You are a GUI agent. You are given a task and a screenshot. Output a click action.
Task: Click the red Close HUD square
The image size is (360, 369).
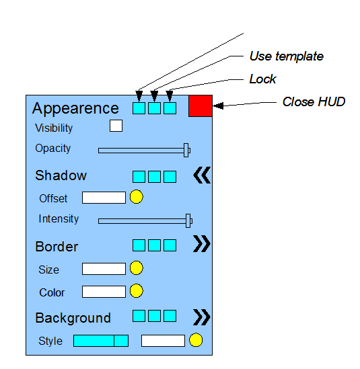pos(201,106)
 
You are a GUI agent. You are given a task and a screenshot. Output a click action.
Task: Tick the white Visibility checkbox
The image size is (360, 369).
pos(116,126)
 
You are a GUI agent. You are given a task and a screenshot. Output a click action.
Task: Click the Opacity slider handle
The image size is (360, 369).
pos(186,150)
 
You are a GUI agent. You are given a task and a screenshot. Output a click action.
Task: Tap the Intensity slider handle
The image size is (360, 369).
pos(188,220)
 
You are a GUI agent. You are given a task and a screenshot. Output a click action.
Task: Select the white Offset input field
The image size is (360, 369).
pos(104,198)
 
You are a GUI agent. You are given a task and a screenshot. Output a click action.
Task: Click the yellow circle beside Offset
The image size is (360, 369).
pos(136,197)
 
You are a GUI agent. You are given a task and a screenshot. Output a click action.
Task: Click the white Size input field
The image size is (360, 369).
pos(104,269)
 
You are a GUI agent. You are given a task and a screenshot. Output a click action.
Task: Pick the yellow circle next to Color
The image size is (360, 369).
pos(136,291)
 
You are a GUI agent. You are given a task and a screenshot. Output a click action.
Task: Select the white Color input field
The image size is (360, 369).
pos(104,292)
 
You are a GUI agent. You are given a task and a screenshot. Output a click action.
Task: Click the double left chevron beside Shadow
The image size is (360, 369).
pos(202,175)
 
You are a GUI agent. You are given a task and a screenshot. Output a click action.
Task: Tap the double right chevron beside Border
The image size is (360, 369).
pos(202,244)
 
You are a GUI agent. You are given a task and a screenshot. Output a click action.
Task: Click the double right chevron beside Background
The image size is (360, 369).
pos(202,317)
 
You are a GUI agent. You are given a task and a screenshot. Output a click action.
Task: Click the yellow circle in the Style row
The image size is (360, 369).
pos(196,340)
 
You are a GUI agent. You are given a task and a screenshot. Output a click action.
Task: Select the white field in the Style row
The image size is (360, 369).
pos(163,341)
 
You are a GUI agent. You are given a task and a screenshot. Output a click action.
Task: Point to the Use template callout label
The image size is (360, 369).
pos(287,56)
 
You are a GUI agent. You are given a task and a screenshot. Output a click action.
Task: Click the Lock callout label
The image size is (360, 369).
pos(262,79)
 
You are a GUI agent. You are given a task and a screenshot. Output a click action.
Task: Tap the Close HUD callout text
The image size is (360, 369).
pos(314,102)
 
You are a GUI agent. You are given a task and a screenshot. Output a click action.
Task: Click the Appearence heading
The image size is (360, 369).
pos(75,109)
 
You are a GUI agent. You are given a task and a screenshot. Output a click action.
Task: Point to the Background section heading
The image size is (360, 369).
pos(73,319)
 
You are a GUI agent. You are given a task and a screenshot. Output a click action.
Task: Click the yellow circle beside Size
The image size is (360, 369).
pos(136,268)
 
